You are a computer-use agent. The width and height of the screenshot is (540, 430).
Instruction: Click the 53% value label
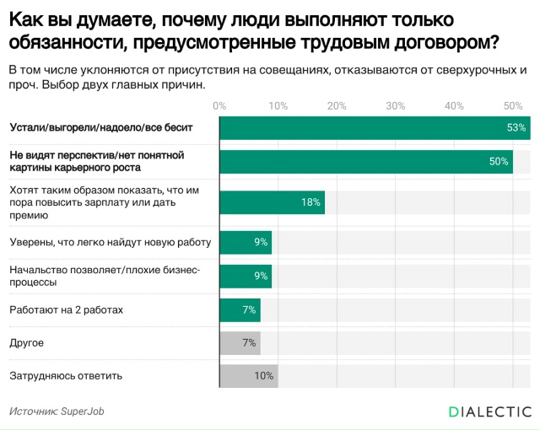pyautogui.click(x=516, y=127)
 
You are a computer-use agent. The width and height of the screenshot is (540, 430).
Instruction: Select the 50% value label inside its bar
pyautogui.click(x=499, y=162)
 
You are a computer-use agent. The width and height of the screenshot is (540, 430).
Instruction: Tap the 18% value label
pyautogui.click(x=310, y=202)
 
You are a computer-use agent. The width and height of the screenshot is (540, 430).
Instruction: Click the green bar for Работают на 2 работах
pyautogui.click(x=240, y=310)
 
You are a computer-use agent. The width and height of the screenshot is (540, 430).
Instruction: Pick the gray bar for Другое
pyautogui.click(x=240, y=343)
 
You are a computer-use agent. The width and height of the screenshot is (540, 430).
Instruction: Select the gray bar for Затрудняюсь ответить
pyautogui.click(x=248, y=376)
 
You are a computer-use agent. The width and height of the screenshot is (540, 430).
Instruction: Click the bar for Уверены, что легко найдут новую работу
pyautogui.click(x=245, y=243)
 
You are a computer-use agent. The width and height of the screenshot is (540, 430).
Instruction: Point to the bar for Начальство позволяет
pyautogui.click(x=245, y=276)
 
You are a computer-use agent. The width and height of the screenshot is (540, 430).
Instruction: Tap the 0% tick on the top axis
pyautogui.click(x=219, y=105)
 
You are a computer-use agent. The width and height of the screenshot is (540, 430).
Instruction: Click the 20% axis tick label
pyautogui.click(x=337, y=105)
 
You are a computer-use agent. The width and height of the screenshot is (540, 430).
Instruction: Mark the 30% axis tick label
pyautogui.click(x=395, y=105)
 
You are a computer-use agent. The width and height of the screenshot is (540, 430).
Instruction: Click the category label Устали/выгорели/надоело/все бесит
pyautogui.click(x=101, y=127)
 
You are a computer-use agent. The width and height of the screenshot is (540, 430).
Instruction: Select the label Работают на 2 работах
pyautogui.click(x=66, y=310)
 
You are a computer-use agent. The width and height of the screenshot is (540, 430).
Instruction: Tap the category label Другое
pyautogui.click(x=26, y=343)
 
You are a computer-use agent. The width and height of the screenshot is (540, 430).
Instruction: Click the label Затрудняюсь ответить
pyautogui.click(x=66, y=376)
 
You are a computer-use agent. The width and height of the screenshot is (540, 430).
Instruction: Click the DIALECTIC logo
pyautogui.click(x=489, y=411)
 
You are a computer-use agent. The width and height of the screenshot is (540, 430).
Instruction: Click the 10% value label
pyautogui.click(x=264, y=376)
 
